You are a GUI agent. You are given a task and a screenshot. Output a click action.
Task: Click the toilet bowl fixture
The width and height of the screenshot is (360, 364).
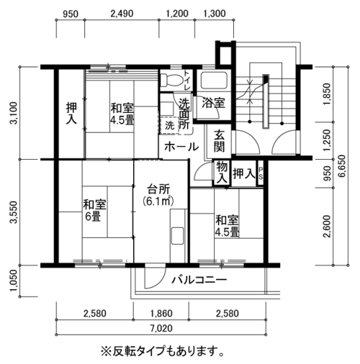click(171, 80)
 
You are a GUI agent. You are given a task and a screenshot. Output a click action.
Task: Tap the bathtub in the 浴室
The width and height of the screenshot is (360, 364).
click(214, 81)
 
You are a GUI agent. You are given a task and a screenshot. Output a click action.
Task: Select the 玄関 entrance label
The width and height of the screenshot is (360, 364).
click(219, 141)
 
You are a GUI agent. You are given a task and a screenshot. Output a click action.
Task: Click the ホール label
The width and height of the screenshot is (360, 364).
click(181, 147)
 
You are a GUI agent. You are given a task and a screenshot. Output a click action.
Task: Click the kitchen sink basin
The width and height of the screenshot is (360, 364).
click(177, 236)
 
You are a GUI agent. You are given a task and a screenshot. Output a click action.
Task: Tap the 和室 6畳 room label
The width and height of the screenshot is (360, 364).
click(94, 211)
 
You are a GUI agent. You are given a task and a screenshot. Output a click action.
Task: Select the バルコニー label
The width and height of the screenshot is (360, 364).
click(199, 280)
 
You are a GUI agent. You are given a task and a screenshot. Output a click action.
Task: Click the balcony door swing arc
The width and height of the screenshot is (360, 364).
click(160, 281)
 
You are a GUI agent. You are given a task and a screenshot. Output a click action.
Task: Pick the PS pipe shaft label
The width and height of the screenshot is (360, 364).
click(261, 173)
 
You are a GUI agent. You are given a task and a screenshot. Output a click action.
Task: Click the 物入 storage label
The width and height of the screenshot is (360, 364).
click(222, 173)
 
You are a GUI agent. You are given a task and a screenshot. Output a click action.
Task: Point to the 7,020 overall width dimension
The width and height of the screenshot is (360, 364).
click(161, 328)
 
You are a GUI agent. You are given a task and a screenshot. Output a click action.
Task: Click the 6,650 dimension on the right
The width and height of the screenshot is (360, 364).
click(342, 166)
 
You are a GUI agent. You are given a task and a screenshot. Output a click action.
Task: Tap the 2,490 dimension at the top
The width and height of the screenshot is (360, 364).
click(122, 14)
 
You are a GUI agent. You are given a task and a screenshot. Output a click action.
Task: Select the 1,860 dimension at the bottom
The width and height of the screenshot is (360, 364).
click(161, 314)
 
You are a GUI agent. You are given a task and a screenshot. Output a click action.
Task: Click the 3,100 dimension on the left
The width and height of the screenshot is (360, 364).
click(14, 113)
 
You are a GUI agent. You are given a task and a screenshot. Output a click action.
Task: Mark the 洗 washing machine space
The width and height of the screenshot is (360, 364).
click(169, 125)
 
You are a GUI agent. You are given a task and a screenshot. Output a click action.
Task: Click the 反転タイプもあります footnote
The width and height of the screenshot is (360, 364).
click(162, 352)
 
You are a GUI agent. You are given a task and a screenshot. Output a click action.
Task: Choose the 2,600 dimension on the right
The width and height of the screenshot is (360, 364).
click(327, 227)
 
